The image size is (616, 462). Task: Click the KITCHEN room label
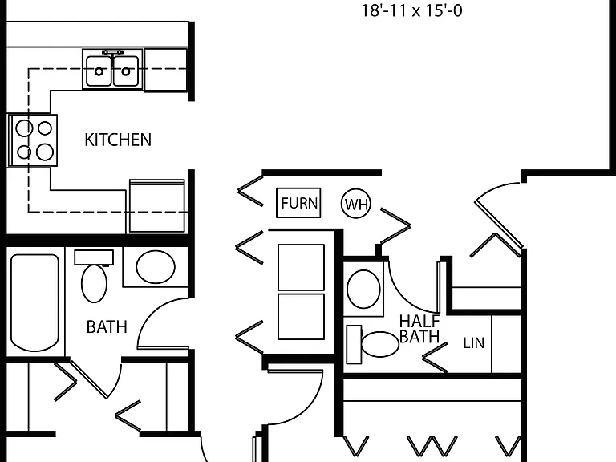pos(118,140)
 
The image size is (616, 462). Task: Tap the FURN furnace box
pos(298,203)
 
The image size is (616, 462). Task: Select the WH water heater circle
pos(356,204)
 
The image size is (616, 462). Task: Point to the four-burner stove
pos(33,140)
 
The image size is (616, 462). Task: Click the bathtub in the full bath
pos(34,302)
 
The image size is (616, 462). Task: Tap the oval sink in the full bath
pos(156,267)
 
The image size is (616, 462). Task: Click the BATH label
pos(107,327)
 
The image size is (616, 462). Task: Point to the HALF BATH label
pos(419,329)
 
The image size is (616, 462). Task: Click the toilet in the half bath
pos(372,345)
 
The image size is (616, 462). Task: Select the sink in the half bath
pos(364,289)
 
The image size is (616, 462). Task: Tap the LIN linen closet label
pos(474,343)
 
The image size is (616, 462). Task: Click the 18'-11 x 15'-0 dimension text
pos(411,10)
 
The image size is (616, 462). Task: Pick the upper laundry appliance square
pos(302,267)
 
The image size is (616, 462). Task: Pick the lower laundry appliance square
pos(302,316)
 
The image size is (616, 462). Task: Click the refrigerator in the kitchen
pos(157,206)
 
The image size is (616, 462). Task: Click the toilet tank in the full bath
pos(94,257)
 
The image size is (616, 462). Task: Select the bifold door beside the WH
pos(395,226)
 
